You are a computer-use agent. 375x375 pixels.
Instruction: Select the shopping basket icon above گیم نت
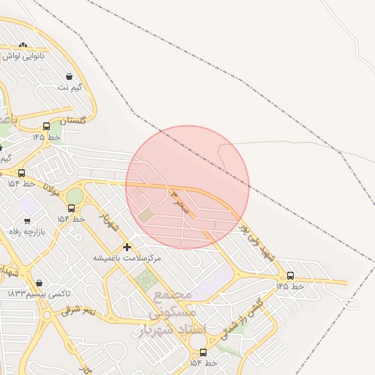pos(69,76)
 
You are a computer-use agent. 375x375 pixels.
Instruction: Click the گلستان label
pos(72,120)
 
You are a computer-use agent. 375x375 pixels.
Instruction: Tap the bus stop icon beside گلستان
pos(47,126)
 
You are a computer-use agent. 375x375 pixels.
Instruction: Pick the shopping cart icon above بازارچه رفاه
pos(27,220)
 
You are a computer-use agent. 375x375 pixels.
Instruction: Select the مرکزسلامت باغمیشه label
pos(127,259)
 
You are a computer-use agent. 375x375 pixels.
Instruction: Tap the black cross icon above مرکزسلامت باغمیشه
pos(127,248)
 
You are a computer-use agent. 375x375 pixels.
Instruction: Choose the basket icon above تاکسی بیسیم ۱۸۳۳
pos(39,283)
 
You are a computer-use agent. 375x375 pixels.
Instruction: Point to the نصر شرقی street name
pos(78,311)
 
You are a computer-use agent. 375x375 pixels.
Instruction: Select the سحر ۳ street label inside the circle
pos(179,202)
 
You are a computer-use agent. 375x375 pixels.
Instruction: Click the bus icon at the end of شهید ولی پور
pos(291,275)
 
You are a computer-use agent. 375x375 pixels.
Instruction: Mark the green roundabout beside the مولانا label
pos(75,196)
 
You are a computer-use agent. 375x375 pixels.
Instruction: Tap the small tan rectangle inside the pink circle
pos(147,215)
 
